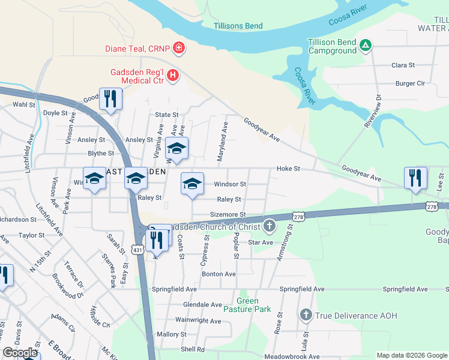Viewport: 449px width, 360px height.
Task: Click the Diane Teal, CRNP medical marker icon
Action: pyautogui.click(x=178, y=47)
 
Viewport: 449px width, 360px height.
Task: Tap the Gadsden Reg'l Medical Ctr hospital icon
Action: pyautogui.click(x=173, y=75)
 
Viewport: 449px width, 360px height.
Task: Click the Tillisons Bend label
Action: pyautogui.click(x=238, y=26)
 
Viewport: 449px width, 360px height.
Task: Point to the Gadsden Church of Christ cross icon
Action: pyautogui.click(x=270, y=226)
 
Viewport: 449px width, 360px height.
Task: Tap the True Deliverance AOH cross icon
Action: pyautogui.click(x=306, y=314)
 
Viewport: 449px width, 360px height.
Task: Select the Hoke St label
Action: pyautogui.click(x=288, y=169)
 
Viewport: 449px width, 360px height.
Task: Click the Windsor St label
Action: pyautogui.click(x=230, y=184)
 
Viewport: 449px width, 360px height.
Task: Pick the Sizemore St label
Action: pyautogui.click(x=228, y=214)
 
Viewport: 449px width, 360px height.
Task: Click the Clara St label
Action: pyautogui.click(x=403, y=65)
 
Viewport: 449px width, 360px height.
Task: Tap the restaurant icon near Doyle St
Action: pyautogui.click(x=110, y=99)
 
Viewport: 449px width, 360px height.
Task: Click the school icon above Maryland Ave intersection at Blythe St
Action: pyautogui.click(x=176, y=148)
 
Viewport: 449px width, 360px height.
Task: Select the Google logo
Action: pyautogui.click(x=20, y=353)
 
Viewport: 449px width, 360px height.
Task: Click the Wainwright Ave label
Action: pyautogui.click(x=198, y=321)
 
